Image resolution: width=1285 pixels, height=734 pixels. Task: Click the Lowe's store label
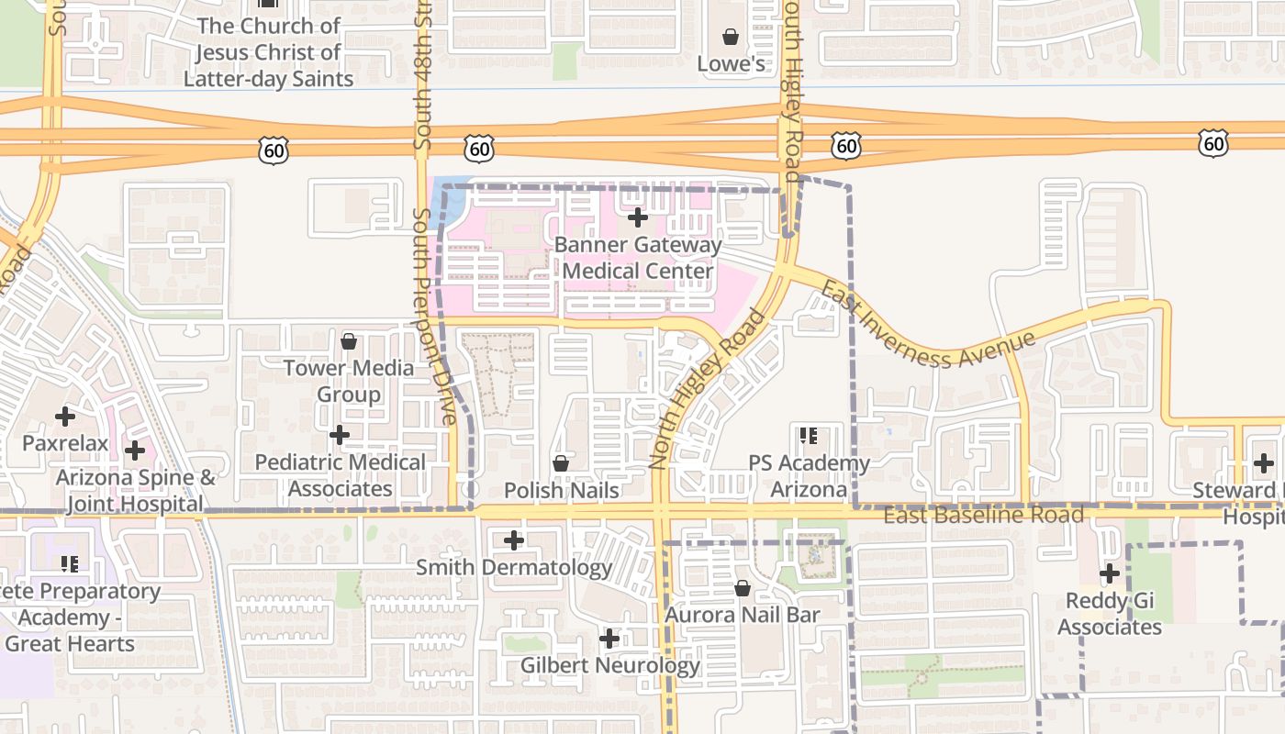731,63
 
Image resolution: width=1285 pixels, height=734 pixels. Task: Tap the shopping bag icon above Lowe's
731,37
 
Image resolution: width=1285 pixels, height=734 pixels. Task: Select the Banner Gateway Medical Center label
638,258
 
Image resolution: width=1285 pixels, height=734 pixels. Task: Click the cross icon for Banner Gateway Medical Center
638,217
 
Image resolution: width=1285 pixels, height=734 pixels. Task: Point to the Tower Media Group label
348,381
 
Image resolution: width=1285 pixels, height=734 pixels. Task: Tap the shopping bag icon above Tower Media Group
349,341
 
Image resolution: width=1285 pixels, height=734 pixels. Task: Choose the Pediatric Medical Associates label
340,475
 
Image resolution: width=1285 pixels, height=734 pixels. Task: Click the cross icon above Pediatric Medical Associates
340,434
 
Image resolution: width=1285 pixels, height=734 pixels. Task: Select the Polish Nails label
561,490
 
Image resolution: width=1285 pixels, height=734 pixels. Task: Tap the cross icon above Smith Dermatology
514,540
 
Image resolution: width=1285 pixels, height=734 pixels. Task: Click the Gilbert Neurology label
609,665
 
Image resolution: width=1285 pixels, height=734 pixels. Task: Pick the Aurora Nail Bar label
742,614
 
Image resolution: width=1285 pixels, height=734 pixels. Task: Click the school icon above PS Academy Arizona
809,435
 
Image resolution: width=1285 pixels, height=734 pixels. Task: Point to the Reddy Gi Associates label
1110,614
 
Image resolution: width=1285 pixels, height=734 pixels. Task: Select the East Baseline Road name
983,516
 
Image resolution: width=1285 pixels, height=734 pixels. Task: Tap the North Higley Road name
707,389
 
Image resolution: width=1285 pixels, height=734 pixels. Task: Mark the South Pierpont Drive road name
434,316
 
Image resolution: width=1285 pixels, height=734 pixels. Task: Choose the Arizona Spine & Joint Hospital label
135,490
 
